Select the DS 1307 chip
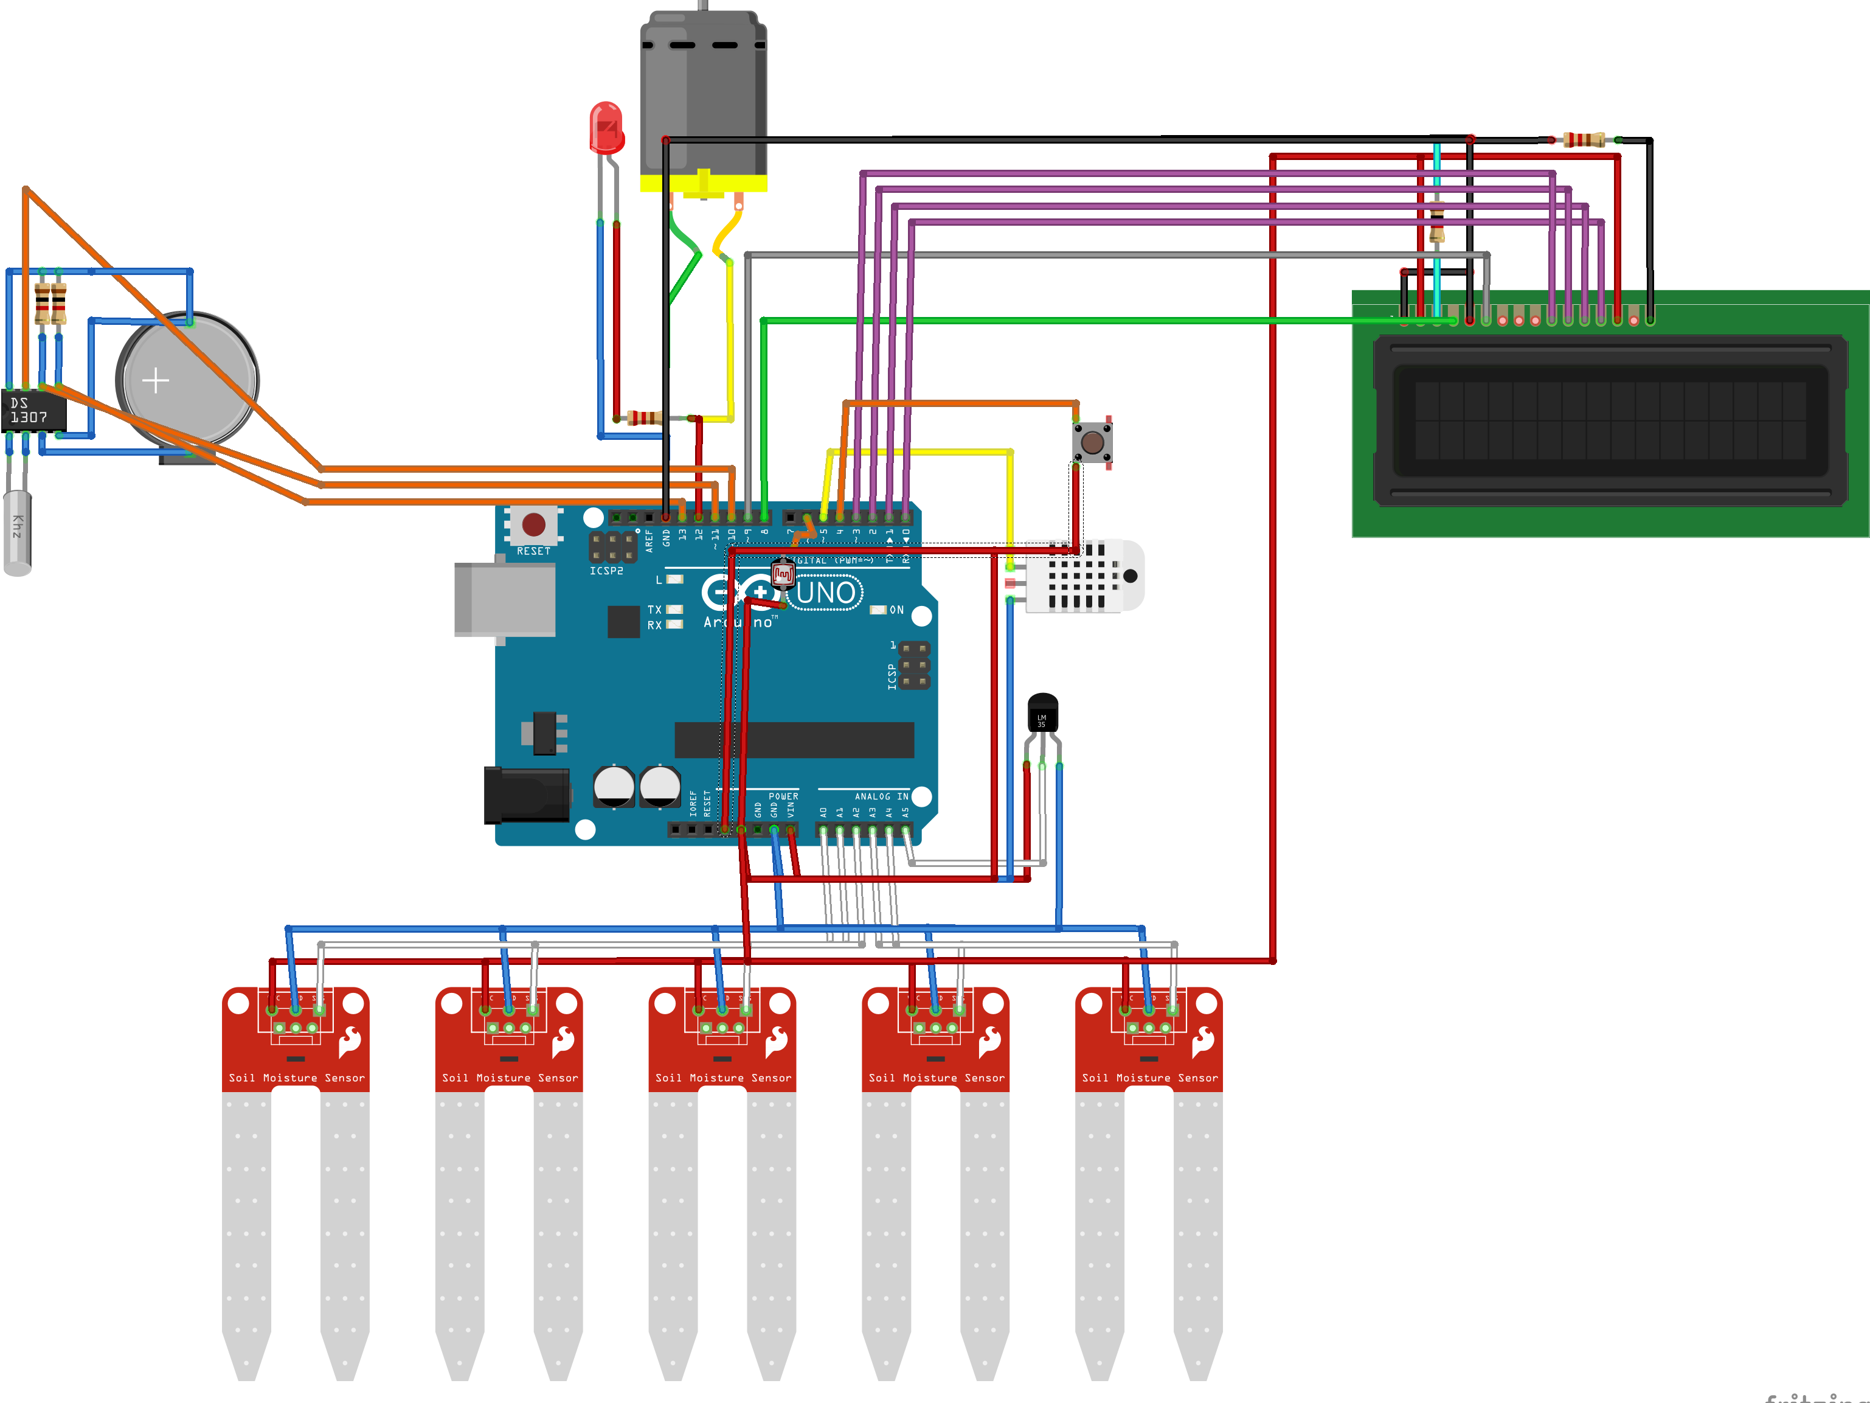pos(32,411)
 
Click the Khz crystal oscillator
pos(18,533)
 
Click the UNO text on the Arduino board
pos(825,593)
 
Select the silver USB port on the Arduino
pos(505,599)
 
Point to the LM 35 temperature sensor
pos(1042,713)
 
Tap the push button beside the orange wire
pos(1092,442)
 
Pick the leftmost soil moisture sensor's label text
pos(297,1078)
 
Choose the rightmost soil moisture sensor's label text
pos(1150,1078)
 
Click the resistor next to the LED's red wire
pos(644,418)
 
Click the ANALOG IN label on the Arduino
pos(881,796)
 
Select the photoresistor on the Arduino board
pos(783,575)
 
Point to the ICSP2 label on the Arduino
pos(606,571)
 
